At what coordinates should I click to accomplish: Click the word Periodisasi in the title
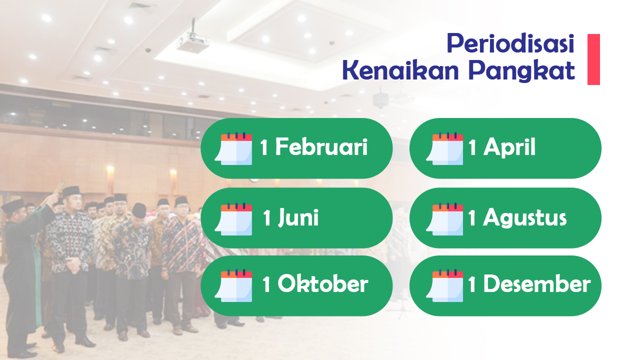[510, 44]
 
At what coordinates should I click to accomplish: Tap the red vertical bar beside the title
[593, 59]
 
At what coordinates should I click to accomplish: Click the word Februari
[321, 147]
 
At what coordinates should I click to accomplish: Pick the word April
[509, 148]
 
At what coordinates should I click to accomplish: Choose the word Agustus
[524, 218]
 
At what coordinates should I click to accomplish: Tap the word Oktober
[322, 284]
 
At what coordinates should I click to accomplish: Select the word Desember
[536, 284]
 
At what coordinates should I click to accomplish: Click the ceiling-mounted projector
[193, 42]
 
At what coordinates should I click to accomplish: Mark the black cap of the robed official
[12, 205]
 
